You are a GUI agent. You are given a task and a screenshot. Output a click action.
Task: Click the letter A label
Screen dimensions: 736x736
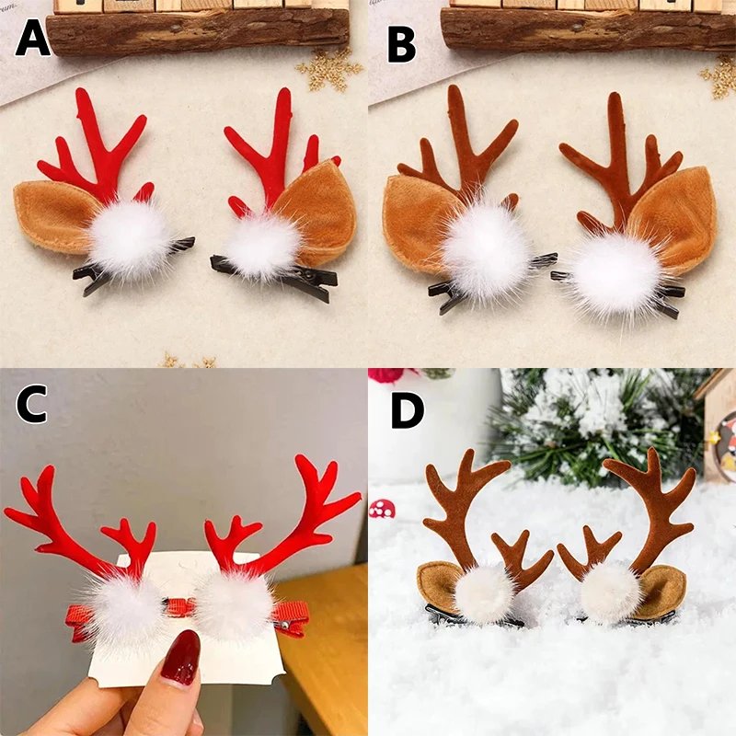point(31,40)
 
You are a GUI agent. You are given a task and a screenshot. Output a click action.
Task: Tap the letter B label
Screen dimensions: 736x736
point(401,42)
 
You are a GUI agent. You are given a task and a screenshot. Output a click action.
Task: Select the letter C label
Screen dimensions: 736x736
point(30,405)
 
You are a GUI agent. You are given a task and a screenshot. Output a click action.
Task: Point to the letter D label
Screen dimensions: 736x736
point(408,410)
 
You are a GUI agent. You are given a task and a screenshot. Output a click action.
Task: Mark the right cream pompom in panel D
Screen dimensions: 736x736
point(611,590)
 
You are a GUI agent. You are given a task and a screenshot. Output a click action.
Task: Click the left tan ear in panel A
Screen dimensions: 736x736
point(53,214)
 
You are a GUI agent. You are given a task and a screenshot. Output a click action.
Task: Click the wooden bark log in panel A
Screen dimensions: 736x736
point(198,30)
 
